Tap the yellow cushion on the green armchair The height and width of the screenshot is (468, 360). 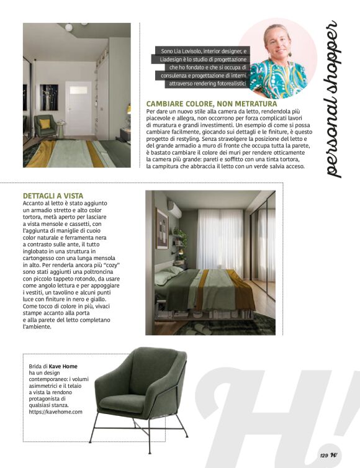click(45, 124)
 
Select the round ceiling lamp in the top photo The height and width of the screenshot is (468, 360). click(68, 27)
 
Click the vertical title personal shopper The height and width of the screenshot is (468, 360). click(332, 99)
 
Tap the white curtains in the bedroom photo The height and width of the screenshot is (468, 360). click(220, 242)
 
